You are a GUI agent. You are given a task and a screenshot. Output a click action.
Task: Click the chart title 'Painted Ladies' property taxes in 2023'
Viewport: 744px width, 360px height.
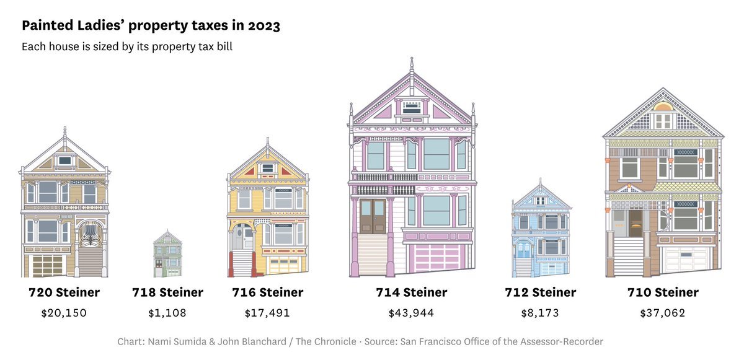(x=151, y=26)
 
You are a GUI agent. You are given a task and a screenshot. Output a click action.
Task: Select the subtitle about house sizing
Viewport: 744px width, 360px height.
(x=127, y=47)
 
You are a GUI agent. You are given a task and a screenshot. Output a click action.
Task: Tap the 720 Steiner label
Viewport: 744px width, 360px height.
(x=64, y=292)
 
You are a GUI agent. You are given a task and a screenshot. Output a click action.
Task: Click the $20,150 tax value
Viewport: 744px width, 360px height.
(x=64, y=313)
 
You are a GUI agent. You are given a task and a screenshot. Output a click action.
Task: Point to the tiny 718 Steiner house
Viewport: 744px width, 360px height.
(x=167, y=253)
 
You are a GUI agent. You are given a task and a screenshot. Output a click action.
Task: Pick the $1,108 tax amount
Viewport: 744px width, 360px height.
(x=167, y=313)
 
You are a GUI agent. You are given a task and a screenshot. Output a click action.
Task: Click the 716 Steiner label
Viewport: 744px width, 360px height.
(x=267, y=292)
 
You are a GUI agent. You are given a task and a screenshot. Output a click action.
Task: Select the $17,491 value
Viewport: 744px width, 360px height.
(x=267, y=313)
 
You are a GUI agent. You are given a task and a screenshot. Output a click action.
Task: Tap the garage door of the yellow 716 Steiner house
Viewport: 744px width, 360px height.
(x=284, y=265)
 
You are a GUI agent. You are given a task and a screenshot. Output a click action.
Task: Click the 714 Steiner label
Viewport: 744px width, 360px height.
(x=412, y=292)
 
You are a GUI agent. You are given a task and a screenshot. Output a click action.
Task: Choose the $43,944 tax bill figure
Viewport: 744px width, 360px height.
(x=412, y=313)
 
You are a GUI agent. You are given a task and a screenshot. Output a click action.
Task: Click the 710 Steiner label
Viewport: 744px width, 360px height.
(x=663, y=292)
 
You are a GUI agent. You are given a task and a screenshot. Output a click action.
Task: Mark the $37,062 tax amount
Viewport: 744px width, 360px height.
(x=663, y=313)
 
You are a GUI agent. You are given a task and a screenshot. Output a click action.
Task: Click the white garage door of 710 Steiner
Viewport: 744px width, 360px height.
(x=685, y=260)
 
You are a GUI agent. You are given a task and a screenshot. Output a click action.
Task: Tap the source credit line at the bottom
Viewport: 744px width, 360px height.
(x=360, y=341)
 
